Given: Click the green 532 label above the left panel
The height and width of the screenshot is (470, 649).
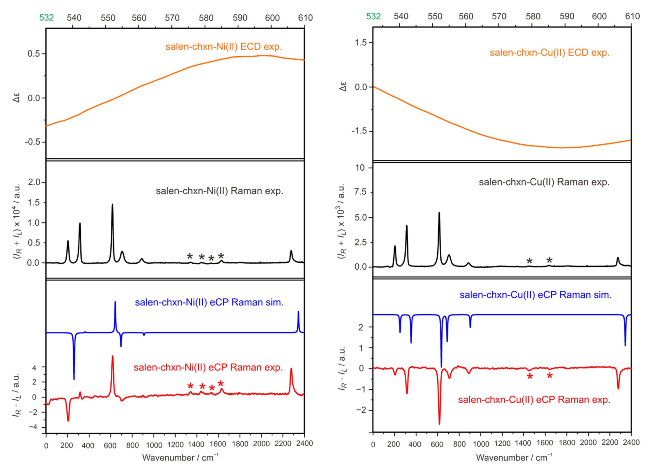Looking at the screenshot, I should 46,18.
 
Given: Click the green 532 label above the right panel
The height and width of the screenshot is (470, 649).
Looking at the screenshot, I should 373,16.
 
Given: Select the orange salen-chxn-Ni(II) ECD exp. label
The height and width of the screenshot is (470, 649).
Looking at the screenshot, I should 224,47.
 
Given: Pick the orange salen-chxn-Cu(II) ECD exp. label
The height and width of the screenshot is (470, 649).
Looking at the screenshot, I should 549,53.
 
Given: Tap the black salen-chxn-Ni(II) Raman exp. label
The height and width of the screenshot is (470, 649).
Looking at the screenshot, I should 219,191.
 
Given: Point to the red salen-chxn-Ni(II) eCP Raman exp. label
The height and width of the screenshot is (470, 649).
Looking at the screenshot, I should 208,368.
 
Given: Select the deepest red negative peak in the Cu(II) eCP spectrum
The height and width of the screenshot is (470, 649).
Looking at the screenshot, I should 439,423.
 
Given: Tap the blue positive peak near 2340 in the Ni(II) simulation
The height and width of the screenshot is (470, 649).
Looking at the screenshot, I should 298,312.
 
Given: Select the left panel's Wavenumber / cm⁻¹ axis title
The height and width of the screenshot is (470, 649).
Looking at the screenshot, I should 180,458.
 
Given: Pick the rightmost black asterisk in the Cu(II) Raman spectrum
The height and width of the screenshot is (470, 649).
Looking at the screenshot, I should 549,260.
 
